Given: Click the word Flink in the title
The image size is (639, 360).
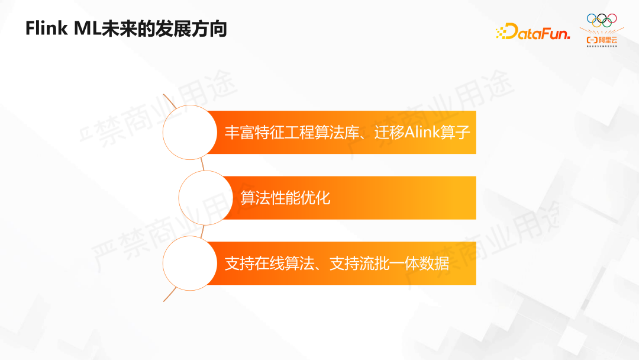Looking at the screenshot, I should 46,29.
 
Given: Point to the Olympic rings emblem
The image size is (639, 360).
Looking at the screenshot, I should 601,19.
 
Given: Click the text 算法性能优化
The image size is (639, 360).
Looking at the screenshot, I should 285,198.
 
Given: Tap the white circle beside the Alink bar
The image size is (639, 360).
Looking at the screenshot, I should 189,132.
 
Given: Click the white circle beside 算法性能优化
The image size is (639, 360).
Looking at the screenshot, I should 205,197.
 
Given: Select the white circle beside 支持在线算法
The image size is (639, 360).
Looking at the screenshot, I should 189,263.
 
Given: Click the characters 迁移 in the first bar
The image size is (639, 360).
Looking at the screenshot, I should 389,132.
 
